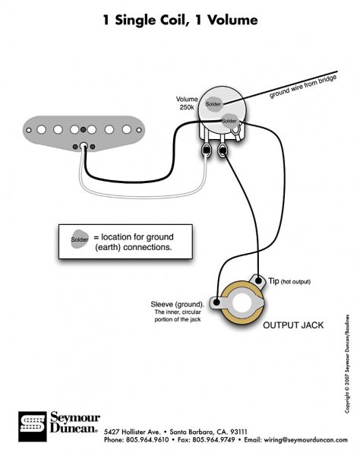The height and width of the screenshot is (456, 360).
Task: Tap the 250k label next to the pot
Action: coord(187,107)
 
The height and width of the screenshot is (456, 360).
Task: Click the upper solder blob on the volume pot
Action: coord(213,103)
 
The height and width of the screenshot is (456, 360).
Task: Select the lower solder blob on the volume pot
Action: coord(229,120)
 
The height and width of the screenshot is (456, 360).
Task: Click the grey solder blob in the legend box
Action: coord(79,239)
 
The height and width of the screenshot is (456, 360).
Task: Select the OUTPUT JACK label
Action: coord(292,325)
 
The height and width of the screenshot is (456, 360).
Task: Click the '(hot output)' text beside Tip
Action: coord(295,282)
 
